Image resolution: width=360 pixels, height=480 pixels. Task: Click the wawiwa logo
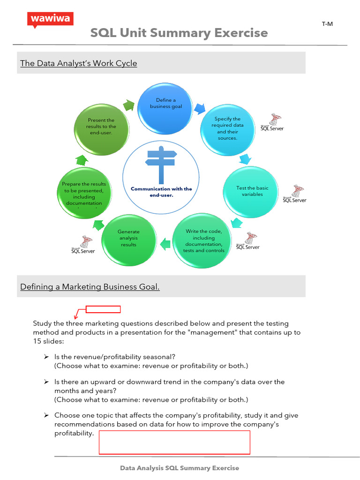click(51, 20)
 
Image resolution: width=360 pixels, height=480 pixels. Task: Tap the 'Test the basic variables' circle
click(252, 191)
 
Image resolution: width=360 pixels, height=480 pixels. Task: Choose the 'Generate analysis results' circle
click(128, 238)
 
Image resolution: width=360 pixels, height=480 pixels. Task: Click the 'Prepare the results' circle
click(84, 194)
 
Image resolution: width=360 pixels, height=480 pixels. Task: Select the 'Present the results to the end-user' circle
click(101, 127)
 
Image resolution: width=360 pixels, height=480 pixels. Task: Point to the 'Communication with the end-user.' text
click(161, 192)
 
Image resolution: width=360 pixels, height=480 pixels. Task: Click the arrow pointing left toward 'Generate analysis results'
click(165, 243)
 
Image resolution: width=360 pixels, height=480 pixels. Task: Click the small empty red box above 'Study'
click(103, 309)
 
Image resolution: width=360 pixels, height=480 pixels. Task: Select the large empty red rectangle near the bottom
click(174, 442)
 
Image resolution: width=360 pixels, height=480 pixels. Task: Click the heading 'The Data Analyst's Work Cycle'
click(79, 63)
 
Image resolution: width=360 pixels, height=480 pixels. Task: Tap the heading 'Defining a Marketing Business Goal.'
click(90, 287)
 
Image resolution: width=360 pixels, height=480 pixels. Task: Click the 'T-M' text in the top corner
click(327, 24)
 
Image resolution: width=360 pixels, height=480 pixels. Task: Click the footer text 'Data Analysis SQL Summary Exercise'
click(180, 468)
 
